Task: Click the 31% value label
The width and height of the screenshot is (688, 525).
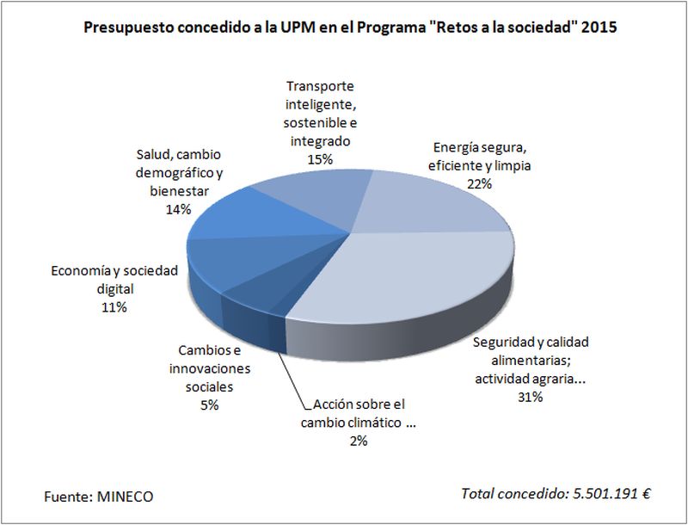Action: point(530,397)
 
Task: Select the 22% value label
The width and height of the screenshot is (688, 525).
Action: point(479,183)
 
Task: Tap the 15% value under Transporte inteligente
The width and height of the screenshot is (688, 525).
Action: point(320,158)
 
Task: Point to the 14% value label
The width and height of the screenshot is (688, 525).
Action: point(177,208)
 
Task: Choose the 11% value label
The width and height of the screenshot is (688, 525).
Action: point(114,307)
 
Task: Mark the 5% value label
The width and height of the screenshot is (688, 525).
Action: point(209,405)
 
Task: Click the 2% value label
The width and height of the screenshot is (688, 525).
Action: point(358,441)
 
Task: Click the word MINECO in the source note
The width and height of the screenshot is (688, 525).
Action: point(126,497)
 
